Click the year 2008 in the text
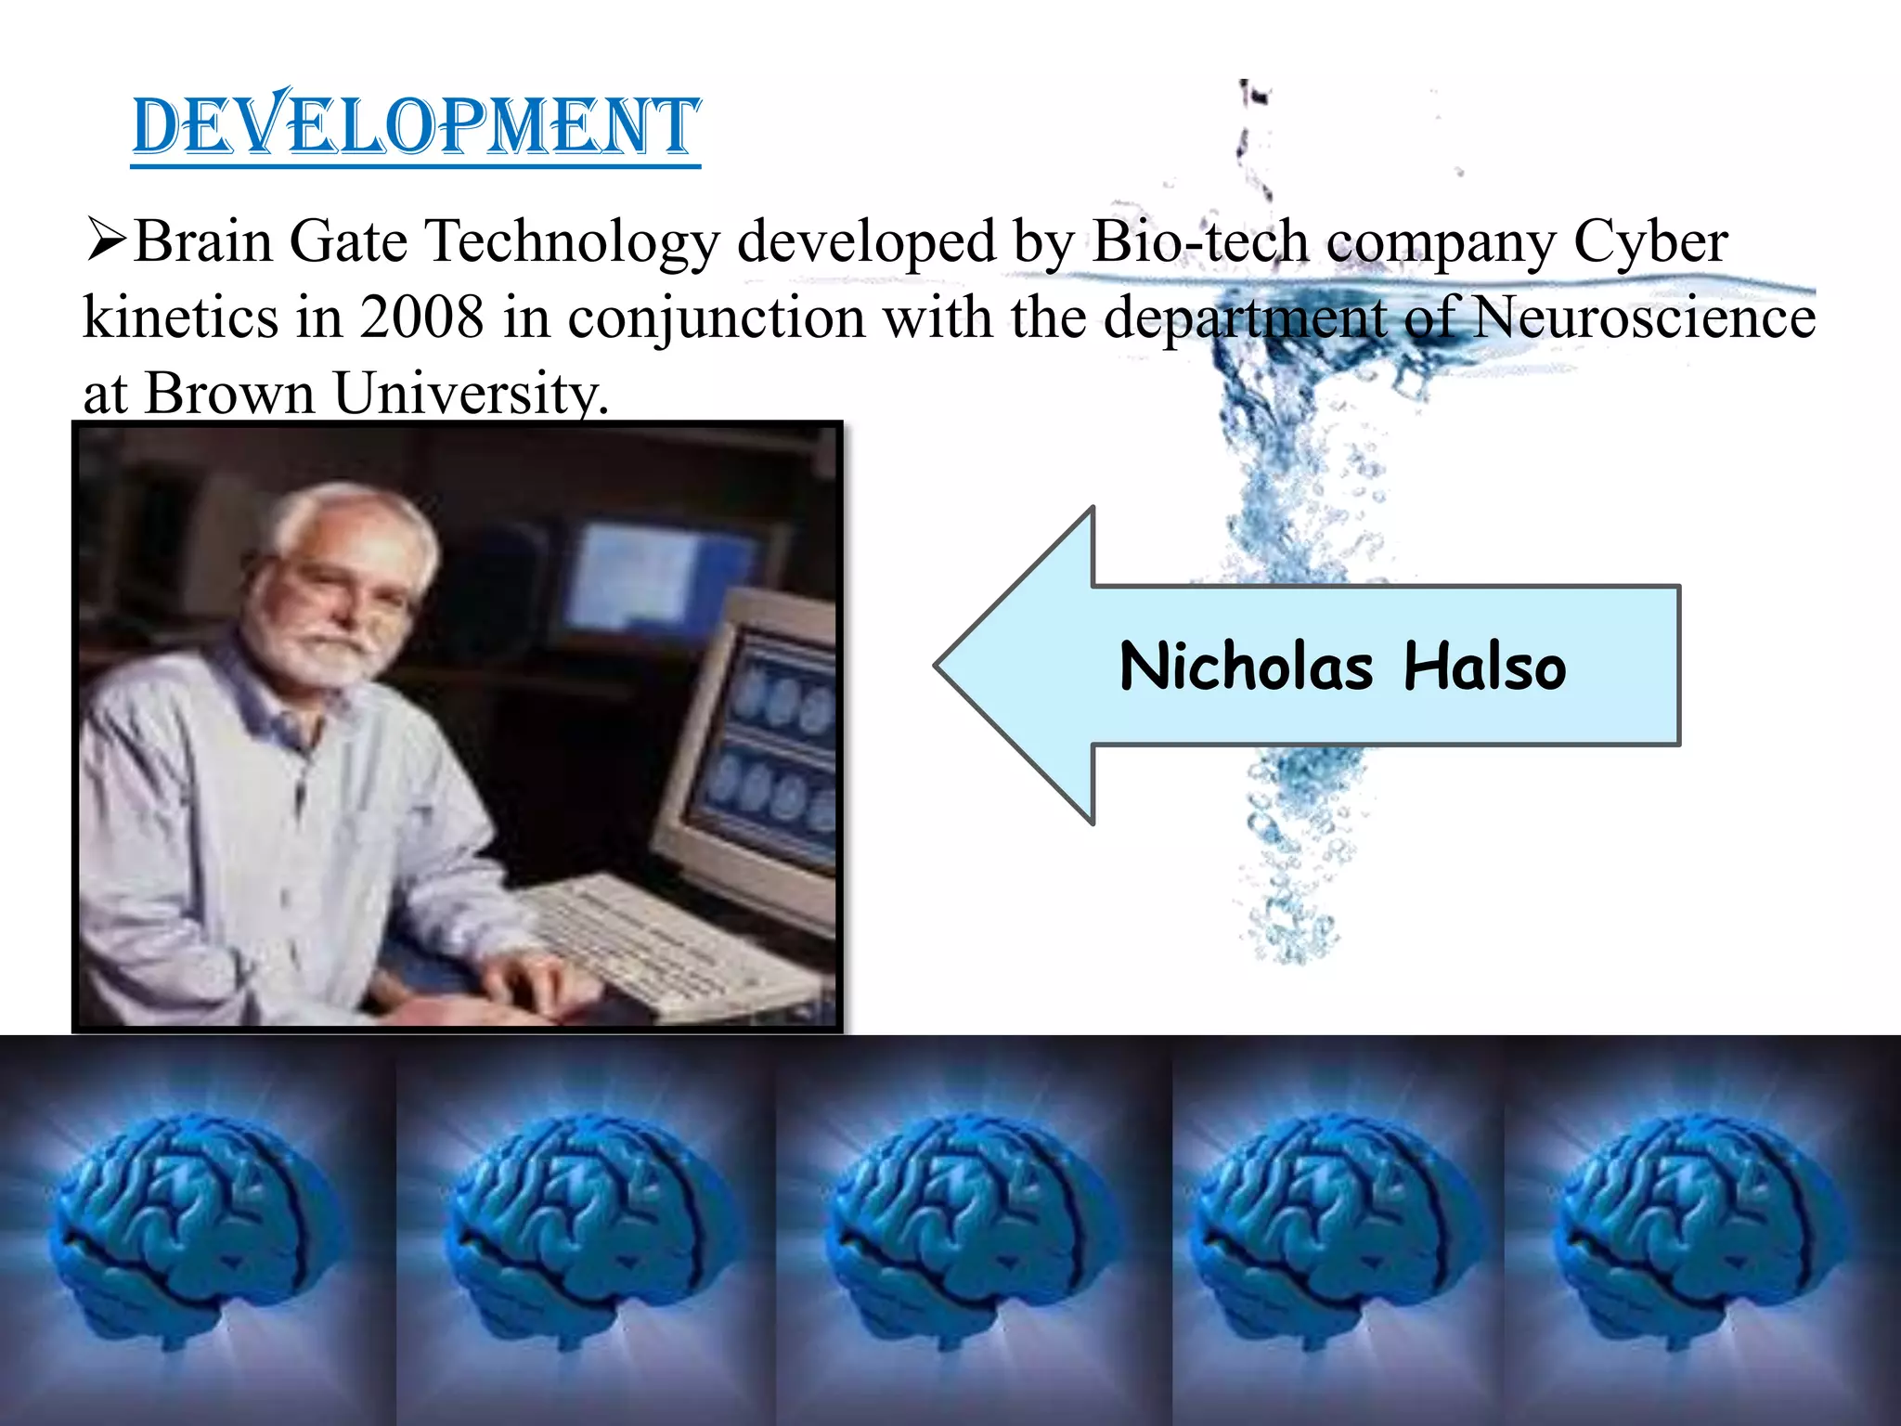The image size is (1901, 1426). (x=421, y=318)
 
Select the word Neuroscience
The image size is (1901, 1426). (x=1644, y=318)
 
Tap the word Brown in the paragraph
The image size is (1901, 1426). (x=229, y=394)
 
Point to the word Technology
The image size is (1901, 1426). (x=572, y=241)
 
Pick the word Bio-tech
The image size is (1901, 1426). (x=1200, y=241)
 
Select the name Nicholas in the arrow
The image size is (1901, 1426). (x=1245, y=667)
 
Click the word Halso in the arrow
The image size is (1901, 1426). (x=1484, y=667)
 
